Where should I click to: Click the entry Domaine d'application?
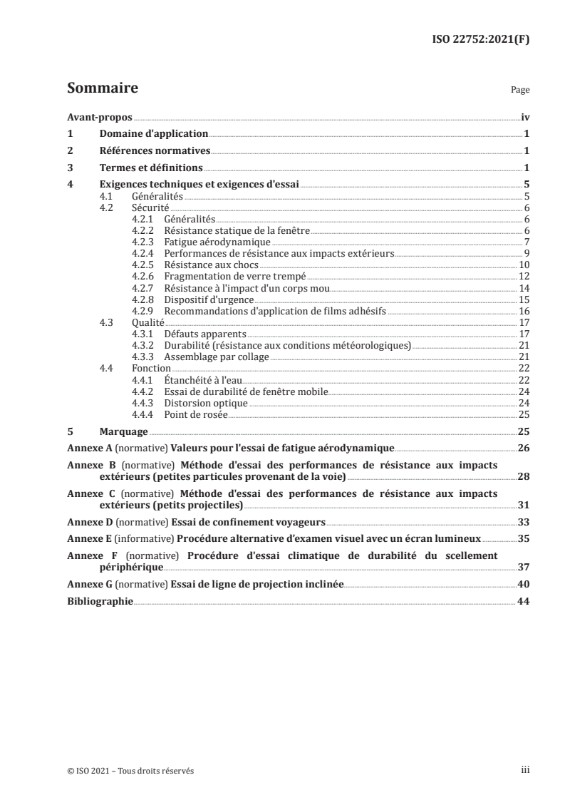pos(153,134)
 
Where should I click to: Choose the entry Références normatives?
pos(155,151)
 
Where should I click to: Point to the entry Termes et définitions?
pos(150,168)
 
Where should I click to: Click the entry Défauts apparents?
pos(204,334)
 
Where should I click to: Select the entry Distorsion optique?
pos(205,403)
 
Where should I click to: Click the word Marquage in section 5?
pos(123,432)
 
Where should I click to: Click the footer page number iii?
pos(524,770)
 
